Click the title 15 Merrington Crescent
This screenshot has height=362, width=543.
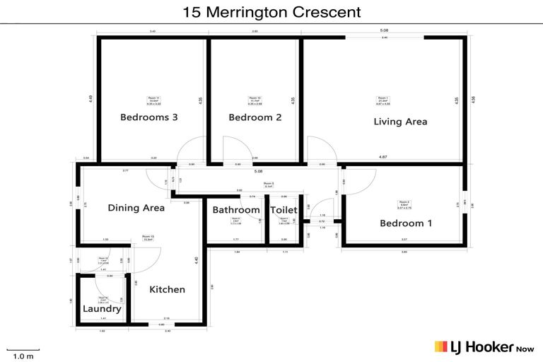pos(271,12)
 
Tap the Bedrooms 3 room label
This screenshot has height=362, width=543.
pos(148,117)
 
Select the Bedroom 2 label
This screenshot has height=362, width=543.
pos(255,117)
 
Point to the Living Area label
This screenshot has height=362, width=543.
pos(400,122)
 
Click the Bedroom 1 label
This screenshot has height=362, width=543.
pos(407,223)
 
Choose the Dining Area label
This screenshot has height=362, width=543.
pos(136,208)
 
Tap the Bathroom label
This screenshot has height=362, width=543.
pos(236,210)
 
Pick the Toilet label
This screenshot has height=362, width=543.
pos(284,210)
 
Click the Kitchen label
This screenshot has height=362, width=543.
pos(168,289)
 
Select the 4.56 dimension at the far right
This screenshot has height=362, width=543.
pos(473,100)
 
